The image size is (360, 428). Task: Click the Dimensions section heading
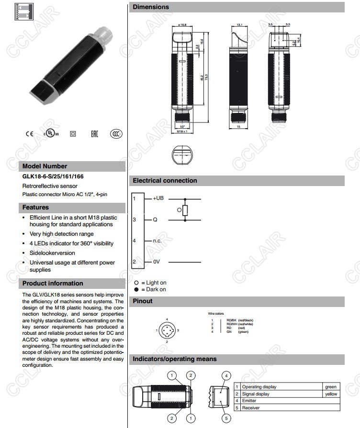click(x=151, y=7)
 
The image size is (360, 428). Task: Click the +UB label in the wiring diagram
click(x=158, y=198)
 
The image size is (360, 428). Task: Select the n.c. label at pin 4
click(x=158, y=241)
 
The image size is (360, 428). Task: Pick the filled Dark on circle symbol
click(x=136, y=289)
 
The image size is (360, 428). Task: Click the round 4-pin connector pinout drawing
click(x=167, y=330)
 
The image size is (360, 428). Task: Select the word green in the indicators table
click(x=330, y=387)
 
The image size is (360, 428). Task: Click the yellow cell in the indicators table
click(x=330, y=394)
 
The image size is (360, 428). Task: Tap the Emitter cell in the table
click(x=249, y=401)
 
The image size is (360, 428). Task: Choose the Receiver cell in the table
click(x=251, y=408)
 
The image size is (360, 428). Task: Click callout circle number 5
click(x=227, y=418)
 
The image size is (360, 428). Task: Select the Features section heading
click(x=35, y=208)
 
